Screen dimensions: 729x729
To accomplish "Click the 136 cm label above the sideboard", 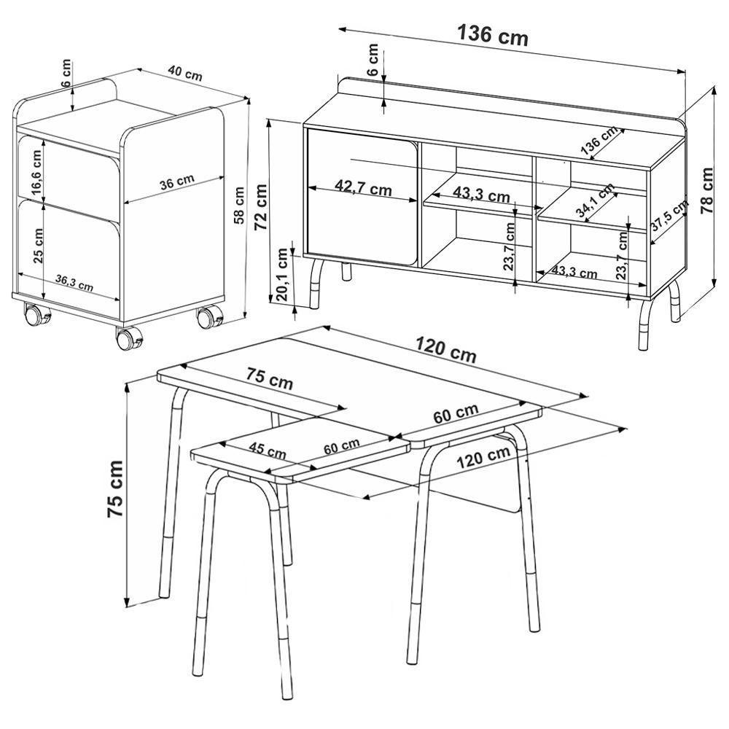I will [492, 34].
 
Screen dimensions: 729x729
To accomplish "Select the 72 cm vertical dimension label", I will [260, 206].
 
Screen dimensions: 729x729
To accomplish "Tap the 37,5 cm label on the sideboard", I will [668, 216].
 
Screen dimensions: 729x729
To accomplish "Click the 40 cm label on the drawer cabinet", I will [184, 72].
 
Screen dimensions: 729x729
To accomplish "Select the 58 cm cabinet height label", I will [238, 206].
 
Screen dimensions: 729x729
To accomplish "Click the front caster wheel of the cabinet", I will [128, 339].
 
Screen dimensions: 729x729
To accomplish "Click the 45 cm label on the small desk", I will [267, 451].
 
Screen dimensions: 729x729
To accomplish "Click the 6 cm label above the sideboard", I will [373, 61].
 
